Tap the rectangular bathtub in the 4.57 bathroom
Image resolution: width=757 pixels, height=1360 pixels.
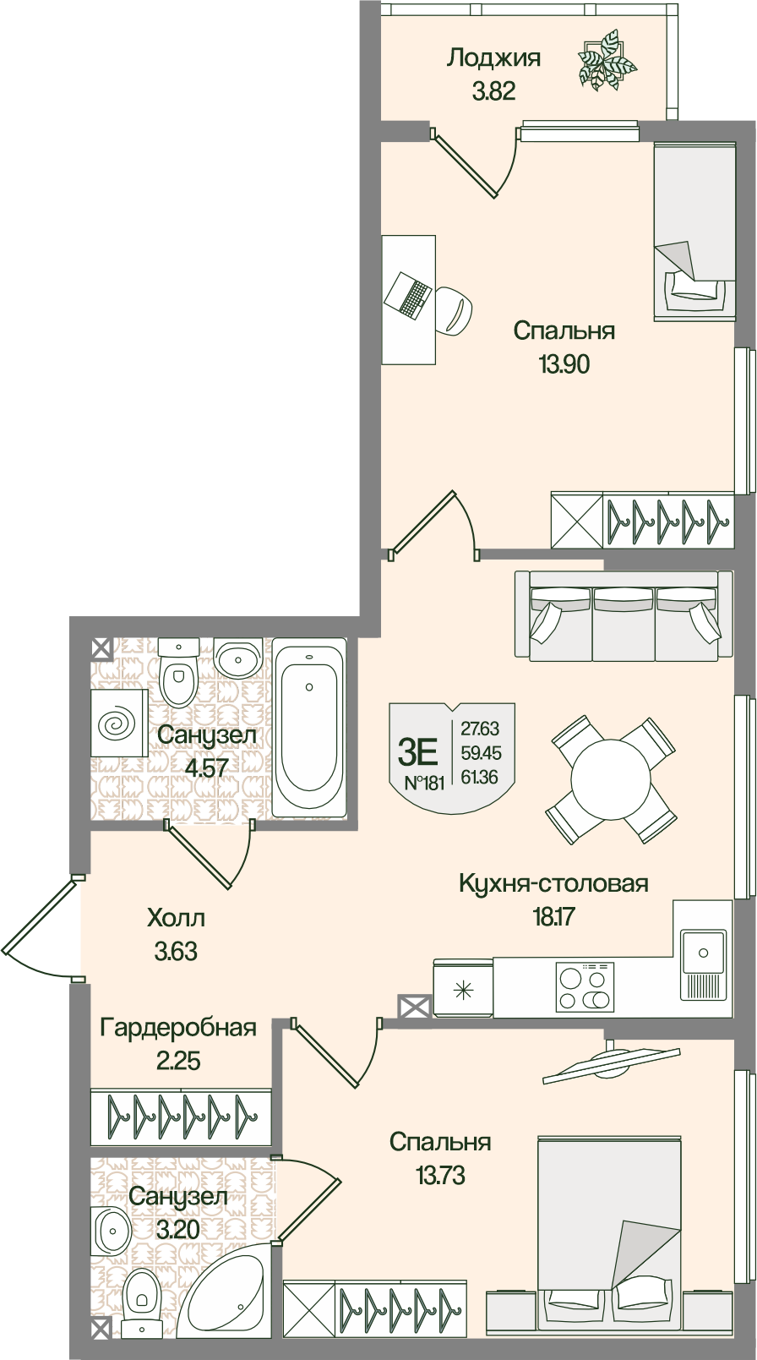[309, 728]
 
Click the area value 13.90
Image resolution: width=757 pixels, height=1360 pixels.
[564, 365]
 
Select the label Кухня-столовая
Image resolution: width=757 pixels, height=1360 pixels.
[553, 884]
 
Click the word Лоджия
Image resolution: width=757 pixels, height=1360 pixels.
[493, 58]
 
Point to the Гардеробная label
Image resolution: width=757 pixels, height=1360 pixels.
[178, 1028]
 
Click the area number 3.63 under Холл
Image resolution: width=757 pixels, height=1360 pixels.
[176, 952]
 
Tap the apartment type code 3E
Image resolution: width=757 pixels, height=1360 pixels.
[418, 751]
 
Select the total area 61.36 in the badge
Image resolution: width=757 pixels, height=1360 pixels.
[480, 778]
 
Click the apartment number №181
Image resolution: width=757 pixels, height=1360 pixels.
[423, 783]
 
